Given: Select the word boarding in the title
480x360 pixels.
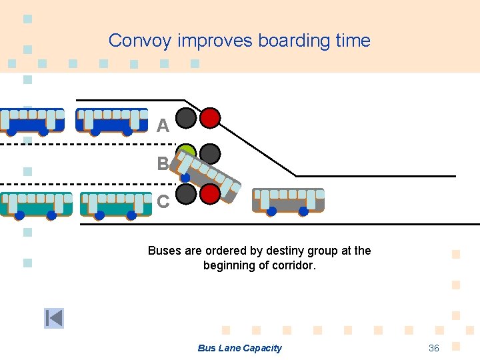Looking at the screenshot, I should pyautogui.click(x=294, y=41).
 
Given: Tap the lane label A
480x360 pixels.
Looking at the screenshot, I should pyautogui.click(x=163, y=125).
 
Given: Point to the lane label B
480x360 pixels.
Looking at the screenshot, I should pyautogui.click(x=163, y=163).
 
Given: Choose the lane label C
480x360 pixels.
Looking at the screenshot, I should pyautogui.click(x=163, y=201).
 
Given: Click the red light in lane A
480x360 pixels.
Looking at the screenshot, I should pyautogui.click(x=210, y=118).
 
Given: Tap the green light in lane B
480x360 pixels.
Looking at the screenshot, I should pyautogui.click(x=187, y=153).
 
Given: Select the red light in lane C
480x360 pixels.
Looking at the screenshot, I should pyautogui.click(x=210, y=194).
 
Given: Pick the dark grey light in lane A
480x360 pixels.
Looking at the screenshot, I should pyautogui.click(x=186, y=118).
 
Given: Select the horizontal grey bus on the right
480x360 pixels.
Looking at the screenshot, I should pyautogui.click(x=288, y=201).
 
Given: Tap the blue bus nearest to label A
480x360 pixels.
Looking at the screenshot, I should pyautogui.click(x=111, y=121).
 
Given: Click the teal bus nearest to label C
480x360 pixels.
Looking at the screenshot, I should pyautogui.click(x=116, y=205).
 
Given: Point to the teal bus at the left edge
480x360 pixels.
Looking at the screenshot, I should pyautogui.click(x=36, y=205).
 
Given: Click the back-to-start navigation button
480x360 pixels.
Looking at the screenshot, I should pyautogui.click(x=54, y=318).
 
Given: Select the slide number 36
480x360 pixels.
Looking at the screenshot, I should pyautogui.click(x=433, y=348).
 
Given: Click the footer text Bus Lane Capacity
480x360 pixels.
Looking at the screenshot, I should pyautogui.click(x=239, y=348).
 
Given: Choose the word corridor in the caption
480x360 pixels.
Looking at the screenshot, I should pyautogui.click(x=293, y=265).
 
